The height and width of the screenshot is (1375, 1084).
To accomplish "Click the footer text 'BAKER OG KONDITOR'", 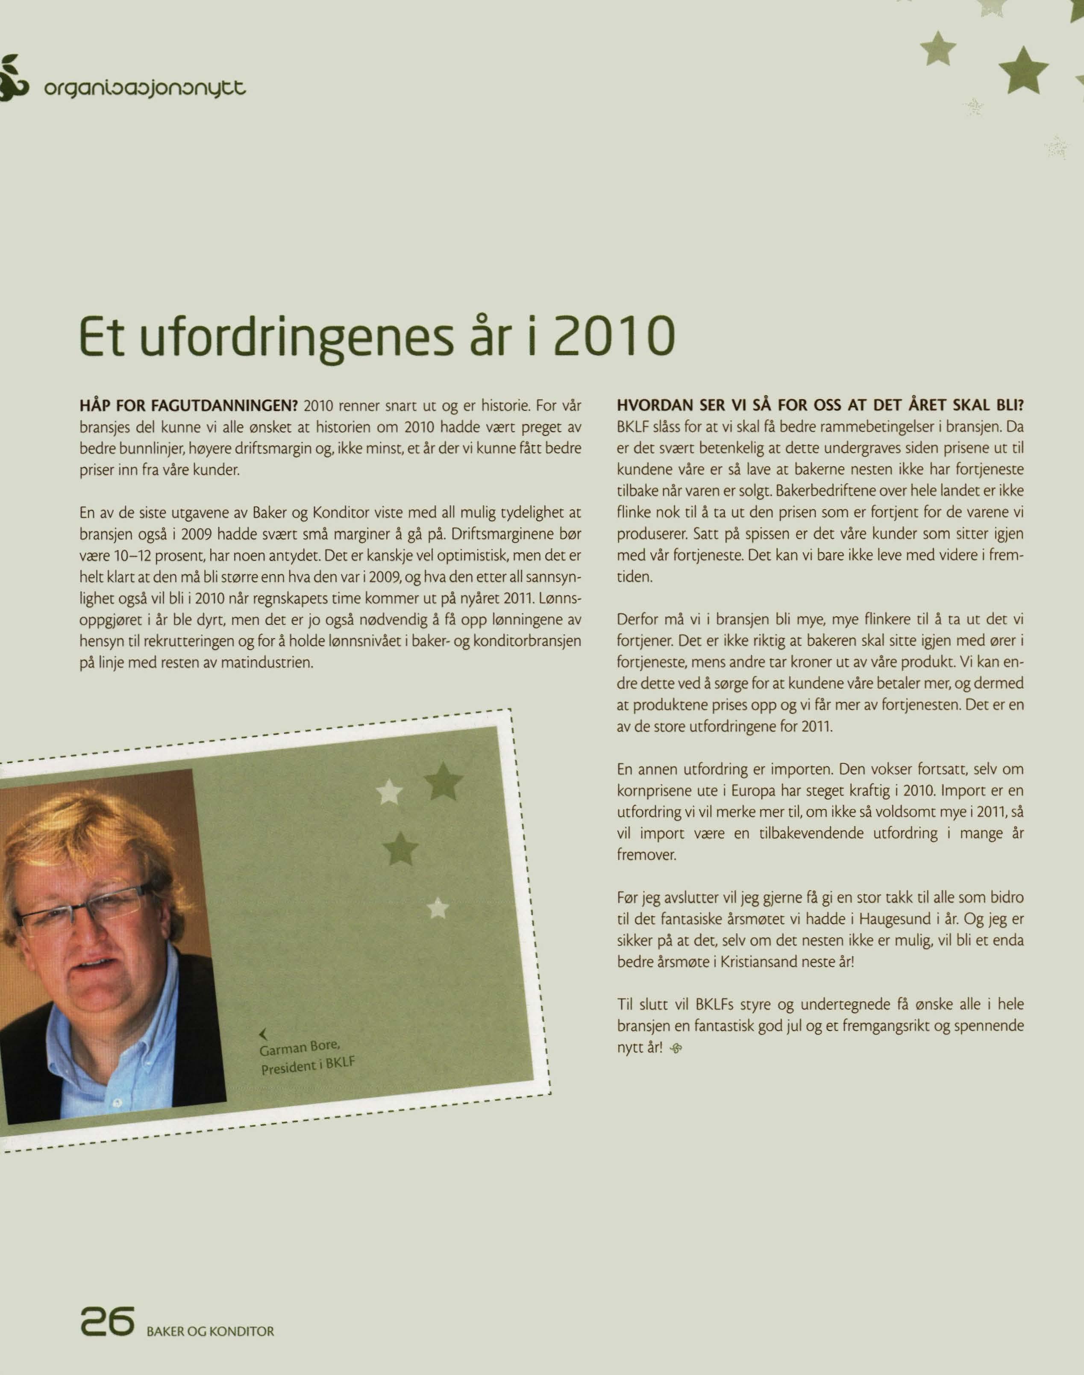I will (x=210, y=1331).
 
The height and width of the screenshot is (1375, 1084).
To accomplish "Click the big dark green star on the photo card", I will (x=444, y=781).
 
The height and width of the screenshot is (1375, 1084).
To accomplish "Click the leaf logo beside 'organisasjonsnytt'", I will (x=12, y=79).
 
